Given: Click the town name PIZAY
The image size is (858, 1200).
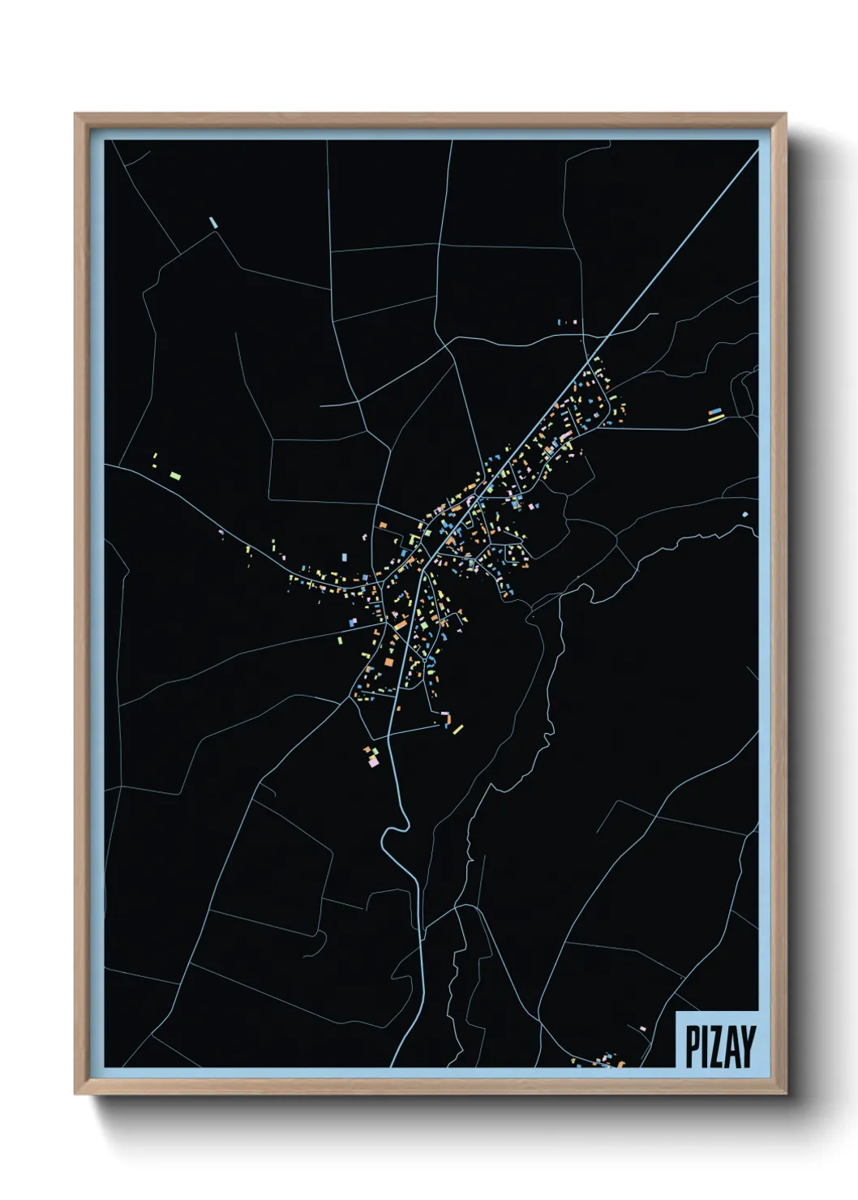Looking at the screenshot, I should (720, 1046).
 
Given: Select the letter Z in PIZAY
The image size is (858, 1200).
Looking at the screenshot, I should (717, 1046).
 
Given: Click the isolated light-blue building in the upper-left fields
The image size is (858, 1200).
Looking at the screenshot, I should (213, 221).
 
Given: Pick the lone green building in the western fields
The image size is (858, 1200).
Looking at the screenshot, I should (175, 476).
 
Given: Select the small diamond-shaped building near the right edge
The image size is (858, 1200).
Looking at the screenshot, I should (745, 514).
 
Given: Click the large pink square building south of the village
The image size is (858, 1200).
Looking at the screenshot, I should (373, 761).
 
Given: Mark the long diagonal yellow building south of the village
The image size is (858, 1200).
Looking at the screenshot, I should (458, 729).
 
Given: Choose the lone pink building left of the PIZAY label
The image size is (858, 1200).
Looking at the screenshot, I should (643, 1029).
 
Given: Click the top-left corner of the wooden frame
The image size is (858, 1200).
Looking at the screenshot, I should (76, 115).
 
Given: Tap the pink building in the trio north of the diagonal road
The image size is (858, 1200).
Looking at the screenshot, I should (575, 322).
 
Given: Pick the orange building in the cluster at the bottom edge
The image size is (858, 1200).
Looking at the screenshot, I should (621, 1063).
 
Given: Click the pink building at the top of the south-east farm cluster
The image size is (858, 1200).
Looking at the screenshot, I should (446, 714).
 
